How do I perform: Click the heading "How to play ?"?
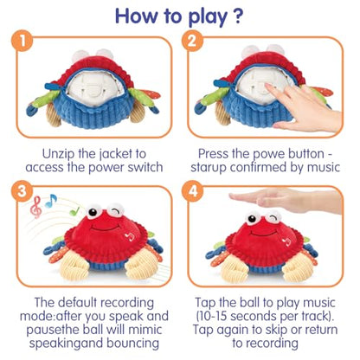point(180,16)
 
